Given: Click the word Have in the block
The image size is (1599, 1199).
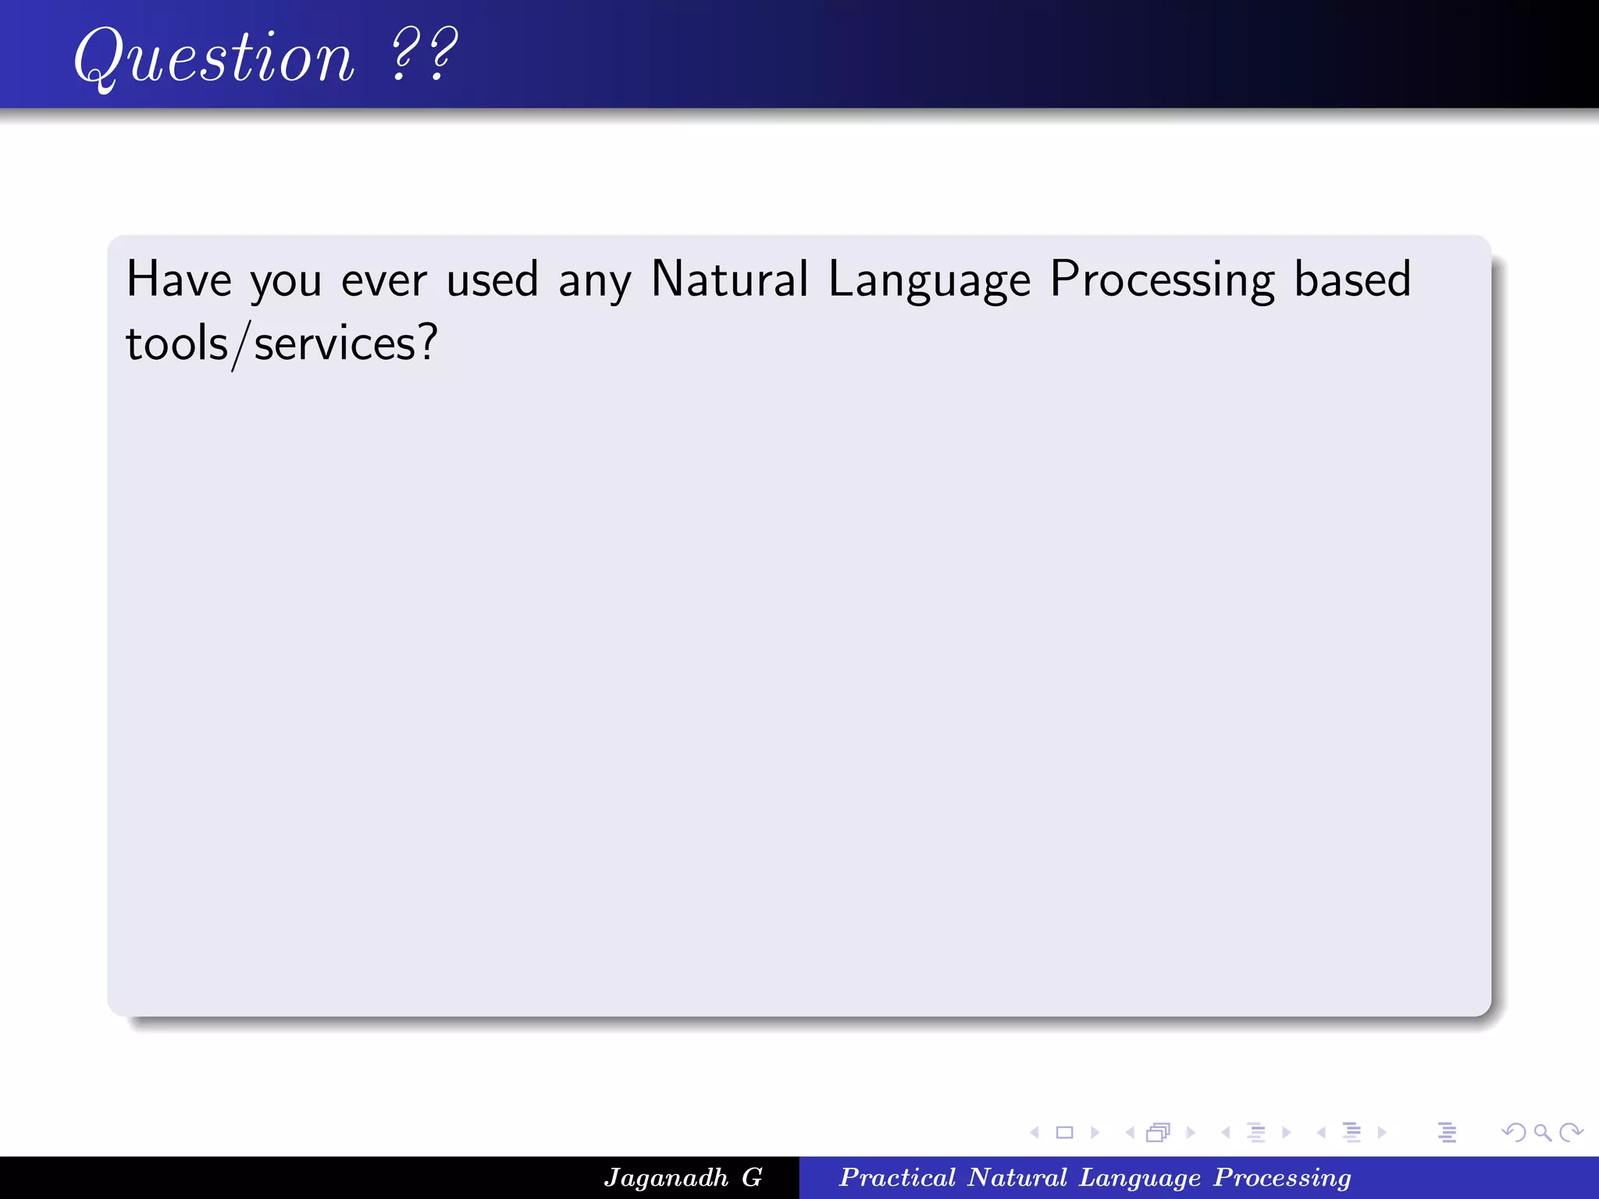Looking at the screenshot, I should [x=179, y=279].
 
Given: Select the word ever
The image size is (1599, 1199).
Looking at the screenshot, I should [x=383, y=280].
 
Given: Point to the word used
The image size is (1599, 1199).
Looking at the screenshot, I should [x=492, y=279].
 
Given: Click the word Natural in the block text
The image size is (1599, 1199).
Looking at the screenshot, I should [x=729, y=279].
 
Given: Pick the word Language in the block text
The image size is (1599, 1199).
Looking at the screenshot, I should [x=929, y=280].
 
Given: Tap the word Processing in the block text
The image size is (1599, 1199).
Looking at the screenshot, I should [x=1162, y=280].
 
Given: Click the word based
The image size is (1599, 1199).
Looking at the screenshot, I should [x=1352, y=279].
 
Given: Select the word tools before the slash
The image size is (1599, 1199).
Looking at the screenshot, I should [x=176, y=343].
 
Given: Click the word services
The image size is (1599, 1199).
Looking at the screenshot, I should [x=336, y=343].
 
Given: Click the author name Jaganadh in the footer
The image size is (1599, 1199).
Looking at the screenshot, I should [x=665, y=1177].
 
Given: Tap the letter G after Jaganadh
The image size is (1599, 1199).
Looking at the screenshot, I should [x=752, y=1177].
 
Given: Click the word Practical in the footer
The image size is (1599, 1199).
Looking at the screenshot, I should [x=897, y=1177].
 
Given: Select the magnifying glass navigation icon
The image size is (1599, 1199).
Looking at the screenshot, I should [x=1542, y=1132].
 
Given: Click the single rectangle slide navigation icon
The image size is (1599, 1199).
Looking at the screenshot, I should [x=1064, y=1132].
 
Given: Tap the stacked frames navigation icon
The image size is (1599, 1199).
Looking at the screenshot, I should [x=1158, y=1132].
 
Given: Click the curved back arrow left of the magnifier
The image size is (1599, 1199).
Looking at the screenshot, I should [x=1513, y=1132].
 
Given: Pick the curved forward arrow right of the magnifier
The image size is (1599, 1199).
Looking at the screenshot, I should [x=1571, y=1132].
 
